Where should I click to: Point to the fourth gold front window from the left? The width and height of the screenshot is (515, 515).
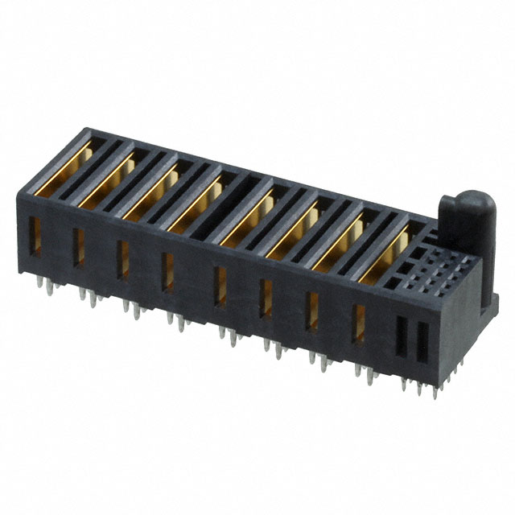tap(168, 273)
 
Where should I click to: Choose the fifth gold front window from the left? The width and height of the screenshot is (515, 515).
tap(220, 286)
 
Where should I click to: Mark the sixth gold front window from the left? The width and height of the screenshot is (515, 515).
tap(266, 299)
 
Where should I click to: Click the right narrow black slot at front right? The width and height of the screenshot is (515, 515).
tap(420, 342)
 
